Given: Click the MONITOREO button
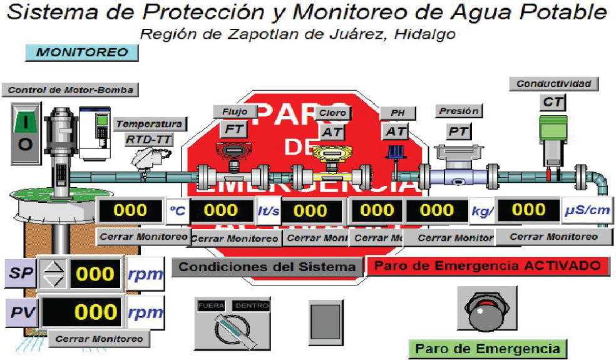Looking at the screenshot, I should click(81, 53).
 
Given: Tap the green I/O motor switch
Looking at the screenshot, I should click(25, 133).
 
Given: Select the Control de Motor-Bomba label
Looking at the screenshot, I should click(70, 90).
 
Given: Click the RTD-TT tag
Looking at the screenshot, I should click(150, 140).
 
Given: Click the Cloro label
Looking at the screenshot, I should click(332, 113).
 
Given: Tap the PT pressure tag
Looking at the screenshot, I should click(458, 131).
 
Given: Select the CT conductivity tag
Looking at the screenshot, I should click(553, 102).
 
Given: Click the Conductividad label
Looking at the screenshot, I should click(553, 83).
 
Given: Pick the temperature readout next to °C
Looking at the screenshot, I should click(130, 210).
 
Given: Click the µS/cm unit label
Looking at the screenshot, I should click(587, 210).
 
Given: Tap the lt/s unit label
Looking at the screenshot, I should click(269, 211).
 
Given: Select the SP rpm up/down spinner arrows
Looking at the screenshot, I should click(53, 274).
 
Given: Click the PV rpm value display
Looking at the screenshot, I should click(83, 312).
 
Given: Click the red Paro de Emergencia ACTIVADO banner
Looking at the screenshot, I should click(488, 265).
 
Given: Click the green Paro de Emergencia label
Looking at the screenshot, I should click(487, 349).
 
